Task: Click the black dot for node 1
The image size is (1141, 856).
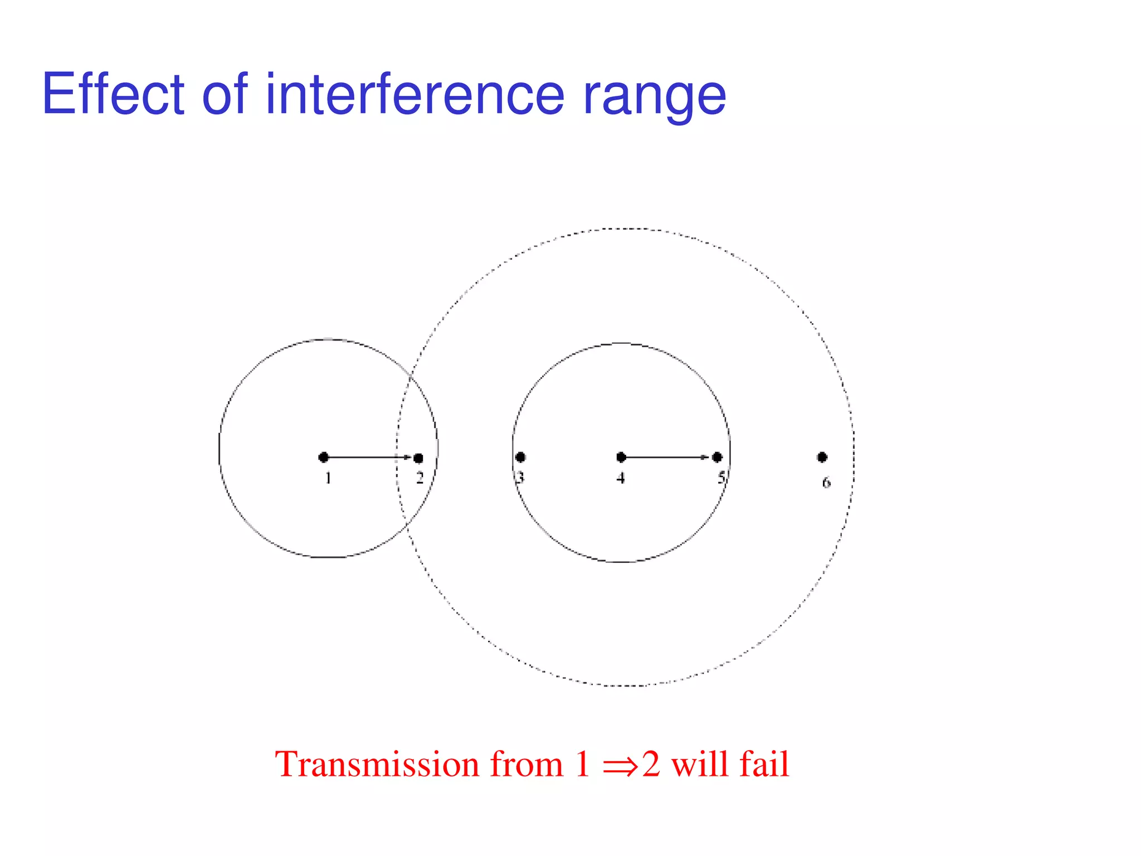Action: [x=324, y=457]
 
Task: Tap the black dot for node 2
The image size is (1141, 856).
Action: [x=418, y=458]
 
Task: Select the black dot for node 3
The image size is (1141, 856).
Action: [x=520, y=457]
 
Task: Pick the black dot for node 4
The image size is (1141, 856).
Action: [x=621, y=457]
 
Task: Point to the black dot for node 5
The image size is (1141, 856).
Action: [x=718, y=457]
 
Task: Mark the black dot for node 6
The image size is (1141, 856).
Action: [x=822, y=457]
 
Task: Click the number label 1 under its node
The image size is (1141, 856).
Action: [x=328, y=478]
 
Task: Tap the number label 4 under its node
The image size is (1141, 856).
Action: [x=621, y=478]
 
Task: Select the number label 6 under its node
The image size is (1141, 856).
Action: [x=826, y=483]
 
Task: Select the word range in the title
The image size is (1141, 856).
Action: [x=654, y=98]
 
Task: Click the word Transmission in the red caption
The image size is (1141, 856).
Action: [x=376, y=764]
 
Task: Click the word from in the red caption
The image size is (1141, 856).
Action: [x=526, y=764]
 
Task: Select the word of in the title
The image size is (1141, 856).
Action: [x=224, y=95]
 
